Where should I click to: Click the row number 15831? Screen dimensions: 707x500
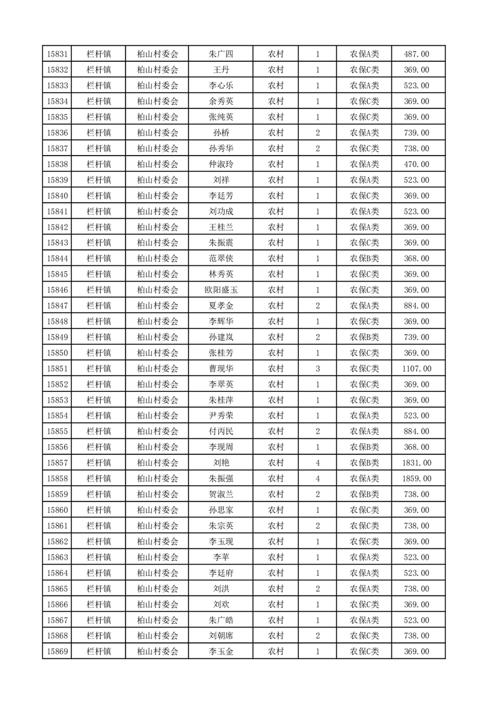[57, 54]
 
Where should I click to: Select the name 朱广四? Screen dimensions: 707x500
[221, 54]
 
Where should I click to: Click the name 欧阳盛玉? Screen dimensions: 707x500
[221, 290]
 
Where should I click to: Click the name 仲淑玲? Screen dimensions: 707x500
[221, 164]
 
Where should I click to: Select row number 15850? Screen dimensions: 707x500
[57, 353]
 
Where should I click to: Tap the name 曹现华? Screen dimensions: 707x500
[221, 369]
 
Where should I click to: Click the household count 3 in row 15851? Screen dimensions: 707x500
[317, 369]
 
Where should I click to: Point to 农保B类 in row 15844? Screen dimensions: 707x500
[364, 258]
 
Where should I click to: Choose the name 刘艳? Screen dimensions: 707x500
[221, 463]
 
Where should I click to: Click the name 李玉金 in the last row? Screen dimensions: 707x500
[221, 652]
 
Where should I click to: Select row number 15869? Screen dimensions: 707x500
[57, 652]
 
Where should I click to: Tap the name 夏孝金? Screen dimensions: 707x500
[221, 306]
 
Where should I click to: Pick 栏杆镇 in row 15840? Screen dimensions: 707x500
[99, 196]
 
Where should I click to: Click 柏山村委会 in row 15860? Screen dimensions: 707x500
[158, 510]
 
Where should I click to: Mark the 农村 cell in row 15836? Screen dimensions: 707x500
[276, 133]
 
